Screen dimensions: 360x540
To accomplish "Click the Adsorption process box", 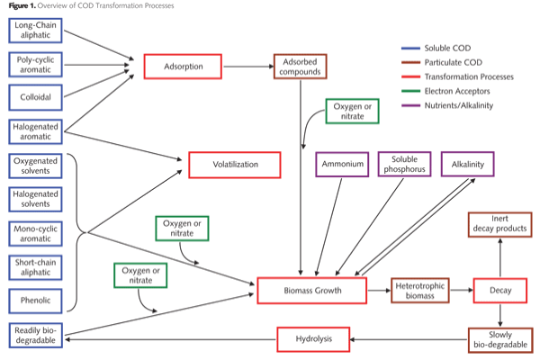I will (x=184, y=67).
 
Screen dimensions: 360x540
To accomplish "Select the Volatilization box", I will (x=235, y=165).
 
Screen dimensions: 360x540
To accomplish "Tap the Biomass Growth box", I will (x=311, y=290).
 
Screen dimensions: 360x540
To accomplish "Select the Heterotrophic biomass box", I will (x=420, y=290).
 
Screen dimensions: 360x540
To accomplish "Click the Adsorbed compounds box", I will (x=300, y=67).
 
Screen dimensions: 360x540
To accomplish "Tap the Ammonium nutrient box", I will (x=343, y=165).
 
